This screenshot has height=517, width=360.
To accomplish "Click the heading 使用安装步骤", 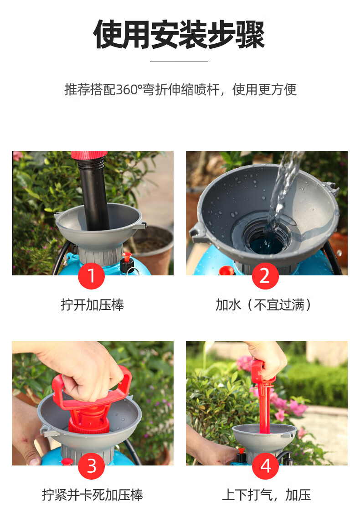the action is (179, 34).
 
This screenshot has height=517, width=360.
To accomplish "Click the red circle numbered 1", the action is (91, 276).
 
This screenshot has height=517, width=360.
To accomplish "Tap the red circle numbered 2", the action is (265, 276).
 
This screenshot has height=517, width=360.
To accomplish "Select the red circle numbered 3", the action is (91, 466).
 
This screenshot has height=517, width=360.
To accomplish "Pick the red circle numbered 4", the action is (265, 466).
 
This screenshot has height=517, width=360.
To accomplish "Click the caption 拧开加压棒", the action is (93, 305).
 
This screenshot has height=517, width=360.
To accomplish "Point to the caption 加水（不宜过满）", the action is (263, 305).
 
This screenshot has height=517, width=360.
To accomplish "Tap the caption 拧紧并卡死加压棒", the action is (93, 495).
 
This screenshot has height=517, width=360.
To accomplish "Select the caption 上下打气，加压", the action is (267, 495).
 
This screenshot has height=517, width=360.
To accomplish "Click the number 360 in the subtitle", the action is (127, 89).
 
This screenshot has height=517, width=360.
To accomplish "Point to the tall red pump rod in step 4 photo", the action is (264, 399).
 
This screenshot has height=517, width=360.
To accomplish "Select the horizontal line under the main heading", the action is (179, 62).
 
